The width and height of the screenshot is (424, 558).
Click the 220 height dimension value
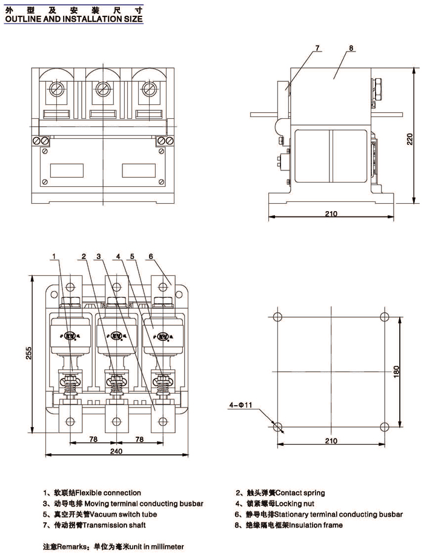pyautogui.click(x=411, y=139)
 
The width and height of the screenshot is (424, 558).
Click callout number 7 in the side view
pyautogui.click(x=316, y=48)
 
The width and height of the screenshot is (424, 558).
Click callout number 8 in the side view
pyautogui.click(x=351, y=48)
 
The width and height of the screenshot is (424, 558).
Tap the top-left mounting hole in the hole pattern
pyautogui.click(x=277, y=318)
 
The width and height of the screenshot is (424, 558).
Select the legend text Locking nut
pyautogui.click(x=295, y=503)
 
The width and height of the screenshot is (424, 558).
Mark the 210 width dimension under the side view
pyautogui.click(x=331, y=213)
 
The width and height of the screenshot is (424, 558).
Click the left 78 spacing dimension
pyautogui.click(x=94, y=438)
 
